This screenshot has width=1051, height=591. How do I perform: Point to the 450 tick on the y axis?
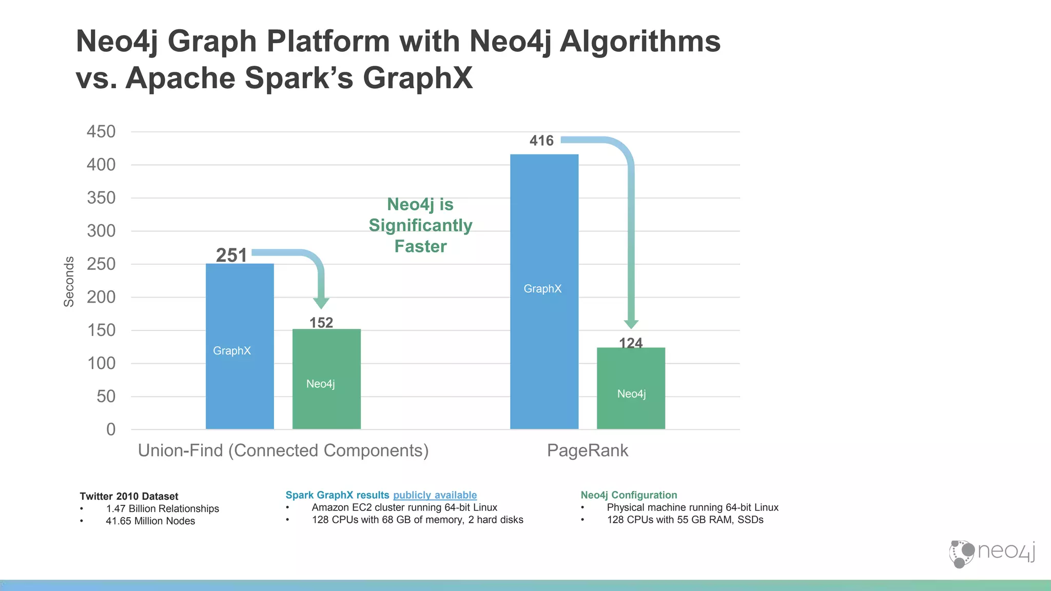101,132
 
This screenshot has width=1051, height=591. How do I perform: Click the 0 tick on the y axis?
111,429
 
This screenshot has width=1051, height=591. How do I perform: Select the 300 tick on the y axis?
101,231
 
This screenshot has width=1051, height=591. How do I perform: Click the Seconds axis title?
69,282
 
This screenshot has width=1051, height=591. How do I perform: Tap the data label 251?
231,255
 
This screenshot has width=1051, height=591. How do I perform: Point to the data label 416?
541,141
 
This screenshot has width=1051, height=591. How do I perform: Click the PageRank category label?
587,450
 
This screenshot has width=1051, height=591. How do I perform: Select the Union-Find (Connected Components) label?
283,450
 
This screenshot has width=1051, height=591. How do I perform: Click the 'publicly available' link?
435,495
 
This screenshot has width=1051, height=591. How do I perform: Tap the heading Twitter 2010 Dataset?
129,496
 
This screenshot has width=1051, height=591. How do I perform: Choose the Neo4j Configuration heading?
629,495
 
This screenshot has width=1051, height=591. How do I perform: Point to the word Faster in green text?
420,246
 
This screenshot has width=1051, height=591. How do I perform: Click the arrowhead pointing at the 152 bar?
321,302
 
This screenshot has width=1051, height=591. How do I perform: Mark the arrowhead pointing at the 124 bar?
631,324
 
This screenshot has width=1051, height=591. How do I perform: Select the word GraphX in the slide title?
418,78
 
